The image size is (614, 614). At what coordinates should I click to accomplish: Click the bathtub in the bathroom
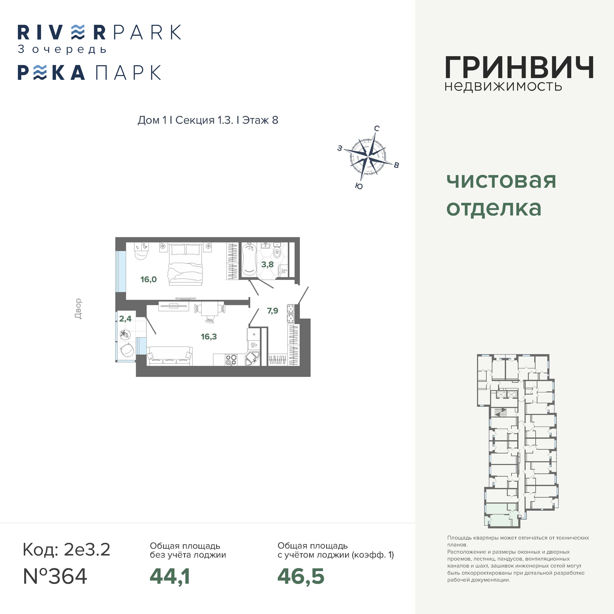pyautogui.click(x=249, y=260)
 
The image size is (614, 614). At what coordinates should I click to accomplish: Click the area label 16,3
pyautogui.click(x=209, y=336)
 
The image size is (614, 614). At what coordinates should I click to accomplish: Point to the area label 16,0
pyautogui.click(x=148, y=279)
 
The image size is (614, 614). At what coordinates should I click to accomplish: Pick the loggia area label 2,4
pyautogui.click(x=125, y=318)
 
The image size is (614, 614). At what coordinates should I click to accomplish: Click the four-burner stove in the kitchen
pyautogui.click(x=231, y=360)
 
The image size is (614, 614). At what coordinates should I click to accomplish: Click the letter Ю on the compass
pyautogui.click(x=359, y=186)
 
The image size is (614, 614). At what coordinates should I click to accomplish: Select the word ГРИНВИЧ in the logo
pyautogui.click(x=519, y=67)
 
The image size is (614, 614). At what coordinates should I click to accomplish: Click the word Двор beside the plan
pyautogui.click(x=78, y=309)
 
